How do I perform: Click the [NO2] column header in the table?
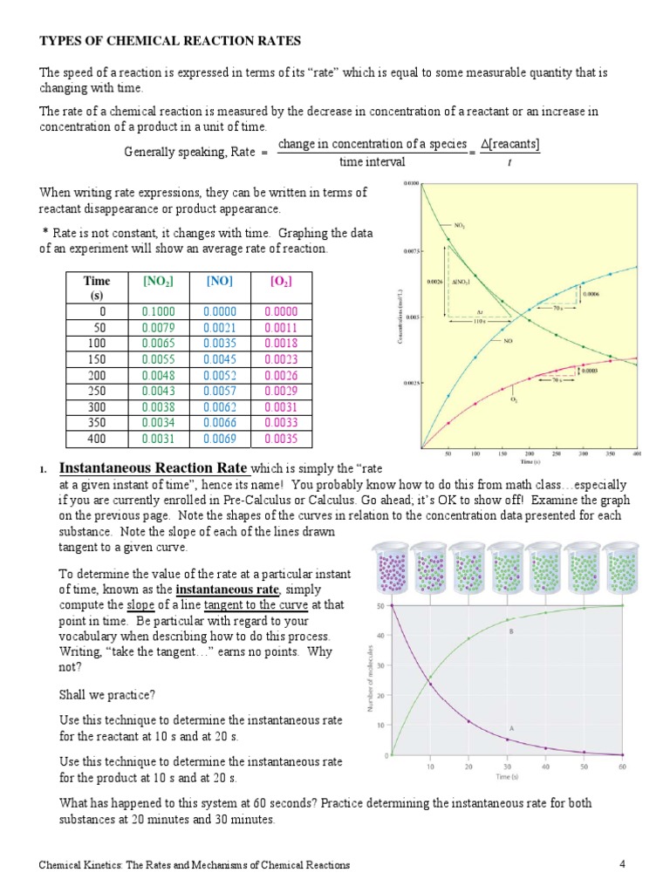pos(158,282)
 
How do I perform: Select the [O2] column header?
pos(281,282)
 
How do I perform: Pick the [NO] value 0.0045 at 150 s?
pos(220,359)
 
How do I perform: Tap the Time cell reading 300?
pos(96,406)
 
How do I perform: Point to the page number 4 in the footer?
pos(623,864)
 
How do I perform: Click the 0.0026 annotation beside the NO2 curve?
pos(434,282)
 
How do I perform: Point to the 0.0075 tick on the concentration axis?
pos(412,250)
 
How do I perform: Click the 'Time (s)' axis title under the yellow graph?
pos(528,461)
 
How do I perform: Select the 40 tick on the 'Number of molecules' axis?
pos(381,635)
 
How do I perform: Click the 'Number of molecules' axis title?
pos(373,679)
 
